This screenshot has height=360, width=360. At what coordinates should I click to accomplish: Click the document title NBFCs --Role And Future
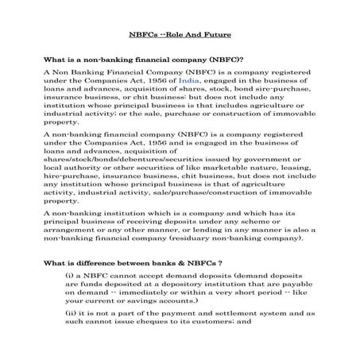[x=180, y=34]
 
